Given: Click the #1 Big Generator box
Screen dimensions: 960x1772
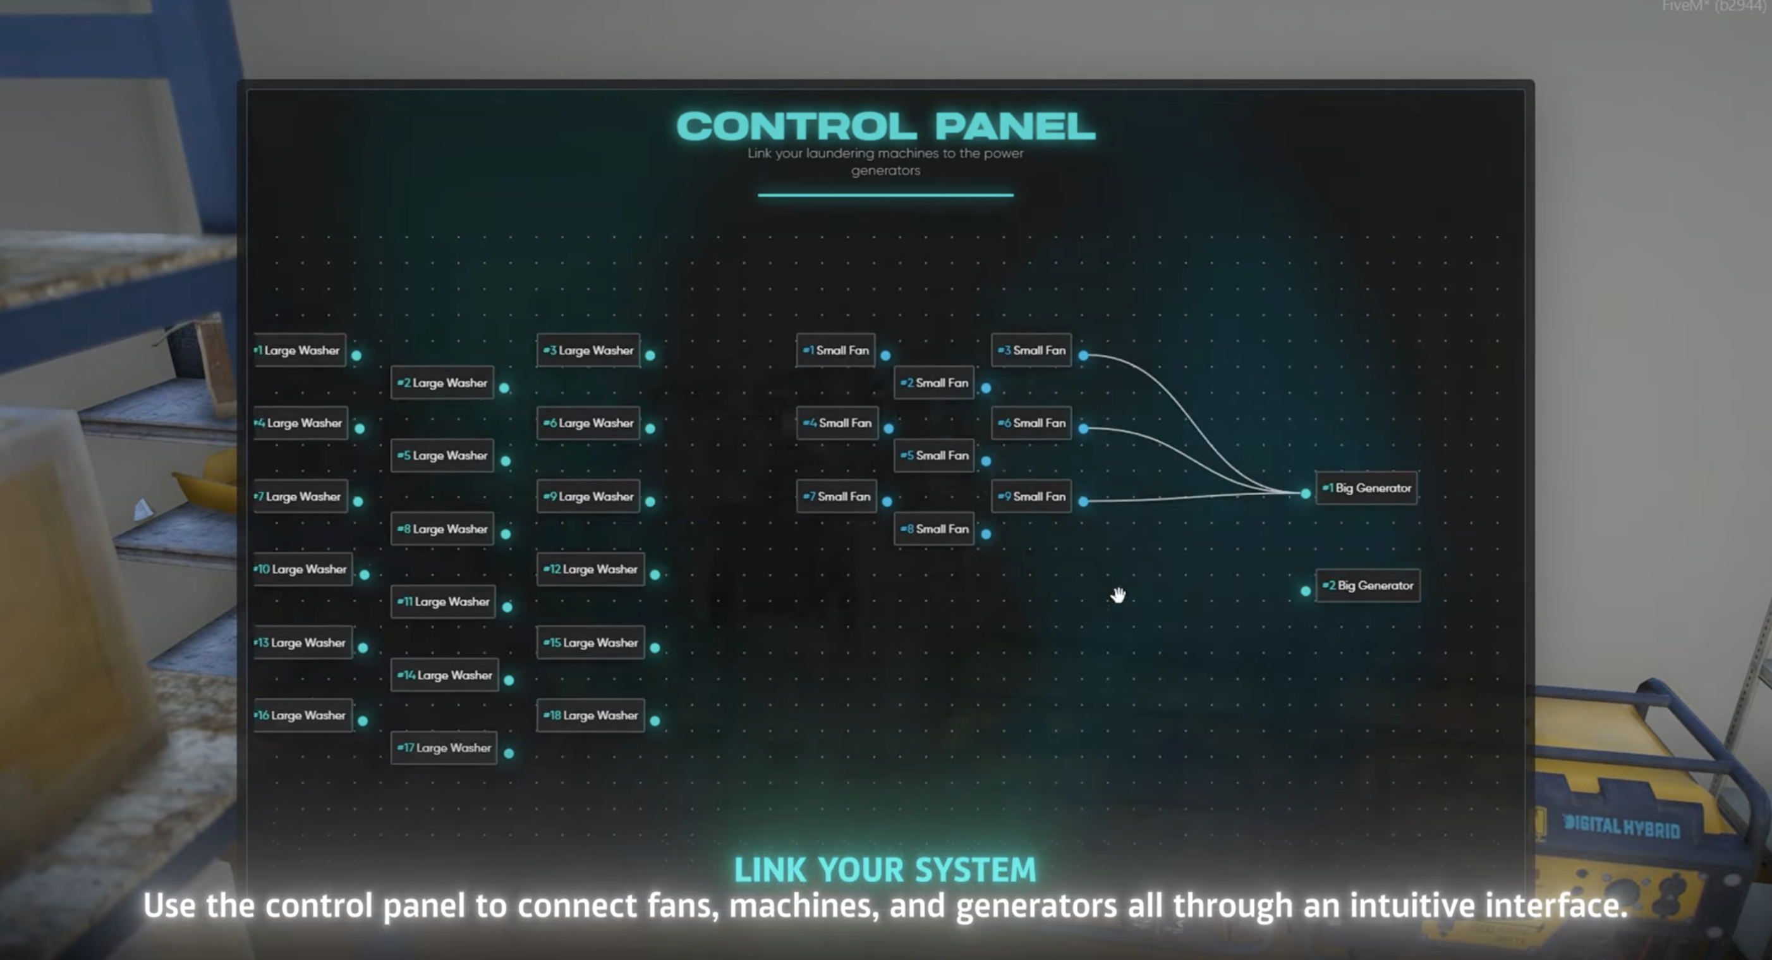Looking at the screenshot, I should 1366,488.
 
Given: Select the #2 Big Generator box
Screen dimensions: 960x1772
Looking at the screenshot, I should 1368,586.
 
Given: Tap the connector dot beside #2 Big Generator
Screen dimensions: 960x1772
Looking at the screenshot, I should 1306,591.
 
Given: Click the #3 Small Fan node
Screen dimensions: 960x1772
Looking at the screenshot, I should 1031,350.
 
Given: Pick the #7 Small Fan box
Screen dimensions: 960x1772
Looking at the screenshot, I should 837,496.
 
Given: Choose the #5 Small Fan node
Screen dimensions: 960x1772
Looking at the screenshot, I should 934,455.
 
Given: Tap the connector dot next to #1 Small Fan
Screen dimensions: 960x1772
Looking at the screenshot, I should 885,355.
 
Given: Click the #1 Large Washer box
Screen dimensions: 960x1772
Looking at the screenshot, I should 300,350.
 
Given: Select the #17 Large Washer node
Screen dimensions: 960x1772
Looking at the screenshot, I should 444,748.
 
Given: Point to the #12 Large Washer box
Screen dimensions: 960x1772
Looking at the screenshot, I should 590,569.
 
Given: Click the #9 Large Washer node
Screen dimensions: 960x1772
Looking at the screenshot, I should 588,496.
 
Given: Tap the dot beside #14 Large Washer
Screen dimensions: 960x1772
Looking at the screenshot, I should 509,680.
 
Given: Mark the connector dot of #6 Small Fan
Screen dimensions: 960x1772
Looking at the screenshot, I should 1083,428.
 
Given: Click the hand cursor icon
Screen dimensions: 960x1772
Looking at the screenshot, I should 1119,595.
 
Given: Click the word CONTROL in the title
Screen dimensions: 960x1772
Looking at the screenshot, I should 796,126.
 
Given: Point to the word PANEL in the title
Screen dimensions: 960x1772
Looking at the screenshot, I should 1015,126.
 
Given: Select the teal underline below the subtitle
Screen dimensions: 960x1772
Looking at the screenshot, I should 885,195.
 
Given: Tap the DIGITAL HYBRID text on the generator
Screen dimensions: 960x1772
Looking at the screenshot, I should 1622,826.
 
